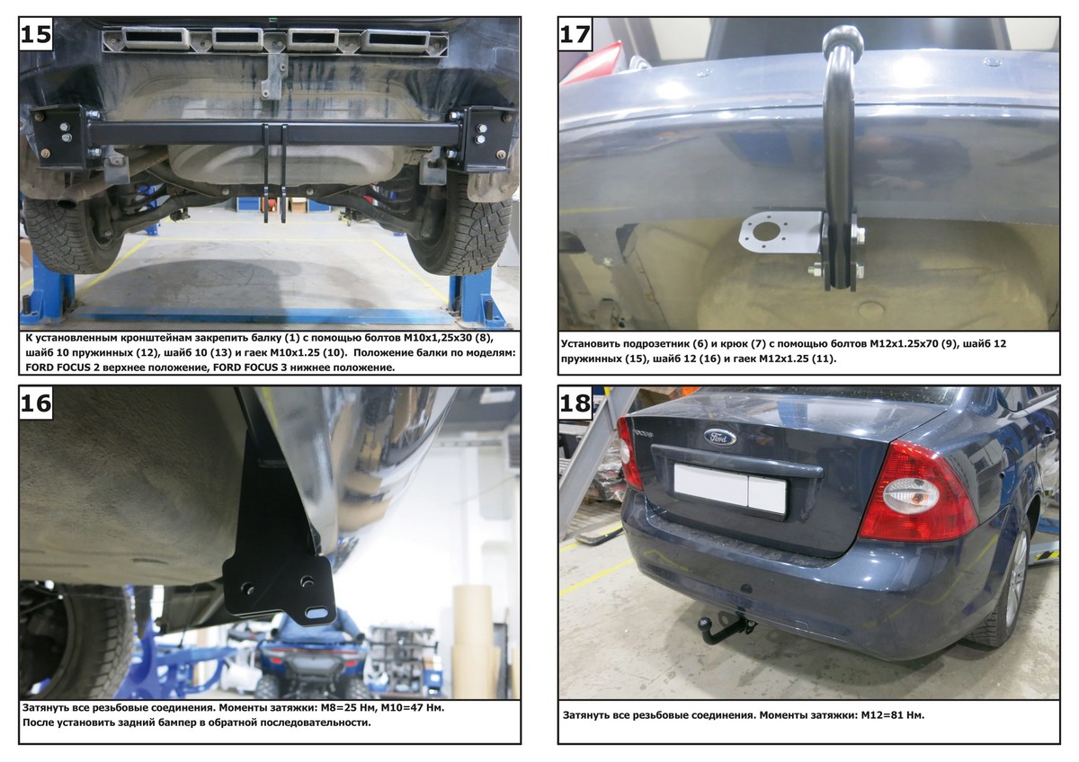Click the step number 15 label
(36, 35)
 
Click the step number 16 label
(36, 403)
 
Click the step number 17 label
(575, 35)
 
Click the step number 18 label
(575, 403)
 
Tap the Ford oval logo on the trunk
(719, 438)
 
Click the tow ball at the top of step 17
(843, 40)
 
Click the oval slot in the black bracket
(316, 612)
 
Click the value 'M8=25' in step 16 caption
(356, 707)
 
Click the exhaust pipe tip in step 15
(67, 202)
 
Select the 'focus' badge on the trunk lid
(643, 433)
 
